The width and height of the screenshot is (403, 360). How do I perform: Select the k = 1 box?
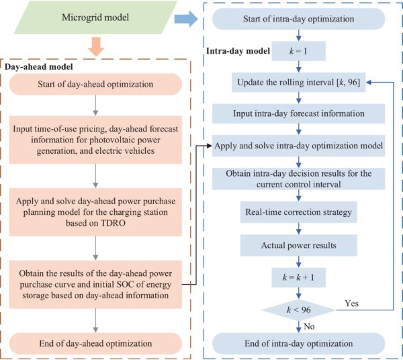coord(297,50)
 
